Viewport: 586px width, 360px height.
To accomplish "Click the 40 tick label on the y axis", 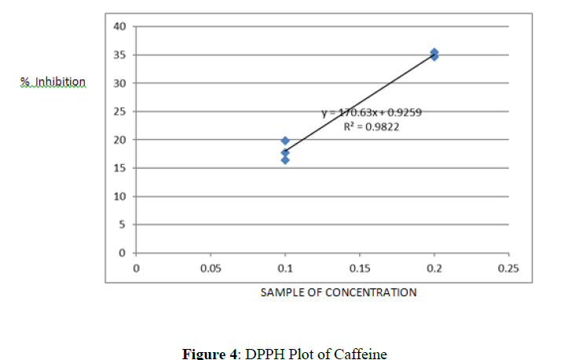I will coord(120,27).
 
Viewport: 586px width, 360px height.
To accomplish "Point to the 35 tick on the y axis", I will coord(120,55).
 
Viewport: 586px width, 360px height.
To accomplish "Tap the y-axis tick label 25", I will coord(120,112).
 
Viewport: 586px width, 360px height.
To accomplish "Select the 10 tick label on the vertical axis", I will coord(120,197).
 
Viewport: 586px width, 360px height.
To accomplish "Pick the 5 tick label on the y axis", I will coord(123,225).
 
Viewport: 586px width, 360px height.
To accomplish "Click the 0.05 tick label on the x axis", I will coord(210,269).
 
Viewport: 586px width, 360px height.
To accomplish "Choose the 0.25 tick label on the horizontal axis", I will coord(508,269).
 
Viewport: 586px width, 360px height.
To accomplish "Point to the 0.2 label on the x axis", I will coord(434,269).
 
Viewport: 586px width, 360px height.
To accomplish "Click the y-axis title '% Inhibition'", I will coord(53,82).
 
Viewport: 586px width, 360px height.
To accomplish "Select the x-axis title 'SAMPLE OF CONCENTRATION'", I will coord(339,292).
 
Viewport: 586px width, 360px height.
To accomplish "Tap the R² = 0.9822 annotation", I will coord(372,126).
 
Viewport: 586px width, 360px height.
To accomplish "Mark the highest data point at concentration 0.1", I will coord(285,141).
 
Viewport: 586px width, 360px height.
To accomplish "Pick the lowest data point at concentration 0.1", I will coord(285,160).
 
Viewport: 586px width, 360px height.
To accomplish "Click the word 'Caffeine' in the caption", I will coord(362,353).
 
